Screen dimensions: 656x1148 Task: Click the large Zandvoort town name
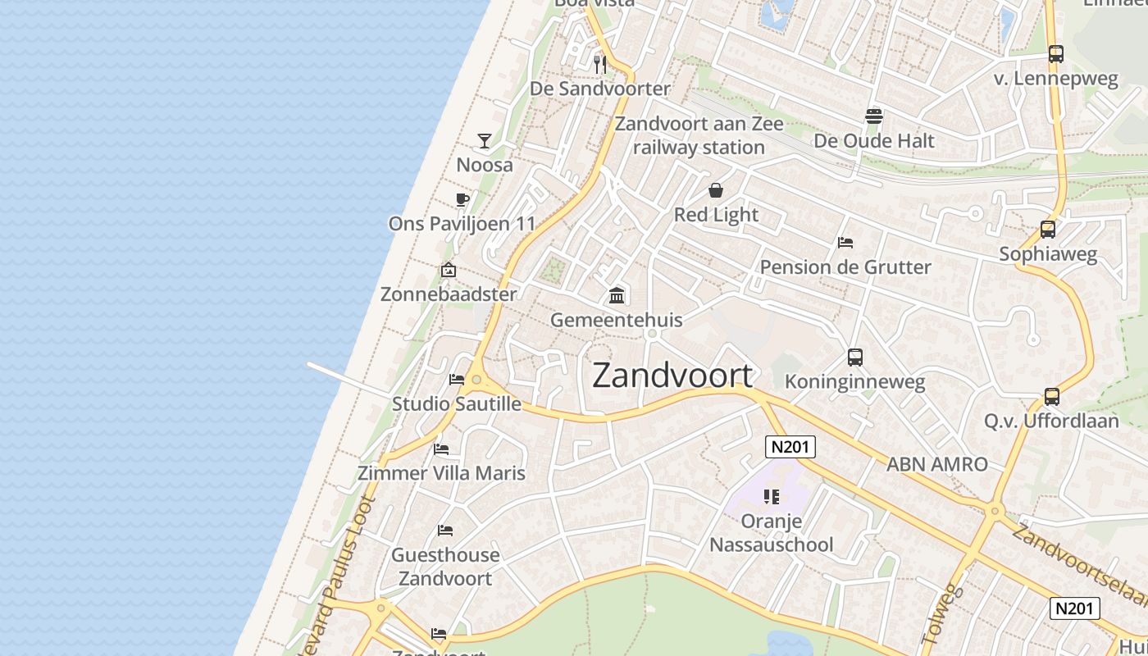tap(672, 376)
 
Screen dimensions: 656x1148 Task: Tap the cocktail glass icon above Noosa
tap(485, 141)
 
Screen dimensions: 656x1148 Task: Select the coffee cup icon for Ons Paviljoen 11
tap(462, 199)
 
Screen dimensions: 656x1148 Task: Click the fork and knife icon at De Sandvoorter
tap(600, 64)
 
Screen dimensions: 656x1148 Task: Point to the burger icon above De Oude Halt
tap(873, 116)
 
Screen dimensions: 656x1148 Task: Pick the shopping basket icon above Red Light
tap(716, 190)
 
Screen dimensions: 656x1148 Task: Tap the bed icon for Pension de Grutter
tap(845, 242)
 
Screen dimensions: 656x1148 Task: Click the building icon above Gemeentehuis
tap(617, 295)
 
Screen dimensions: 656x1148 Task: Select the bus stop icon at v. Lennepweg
tap(1056, 54)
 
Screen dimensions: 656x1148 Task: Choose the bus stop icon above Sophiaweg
tap(1048, 230)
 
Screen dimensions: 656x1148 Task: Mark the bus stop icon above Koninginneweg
tap(855, 358)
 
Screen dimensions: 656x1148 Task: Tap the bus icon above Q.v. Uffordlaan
tap(1052, 397)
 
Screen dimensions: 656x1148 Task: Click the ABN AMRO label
tap(937, 464)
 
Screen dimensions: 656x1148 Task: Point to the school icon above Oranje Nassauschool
tap(771, 496)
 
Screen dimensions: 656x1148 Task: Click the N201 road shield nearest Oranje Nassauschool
tap(790, 447)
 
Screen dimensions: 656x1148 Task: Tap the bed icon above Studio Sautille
tap(457, 379)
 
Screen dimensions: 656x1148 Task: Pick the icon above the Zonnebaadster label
tap(449, 270)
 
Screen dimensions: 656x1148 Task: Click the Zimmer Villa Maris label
tap(441, 473)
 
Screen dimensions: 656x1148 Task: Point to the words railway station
tap(699, 148)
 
